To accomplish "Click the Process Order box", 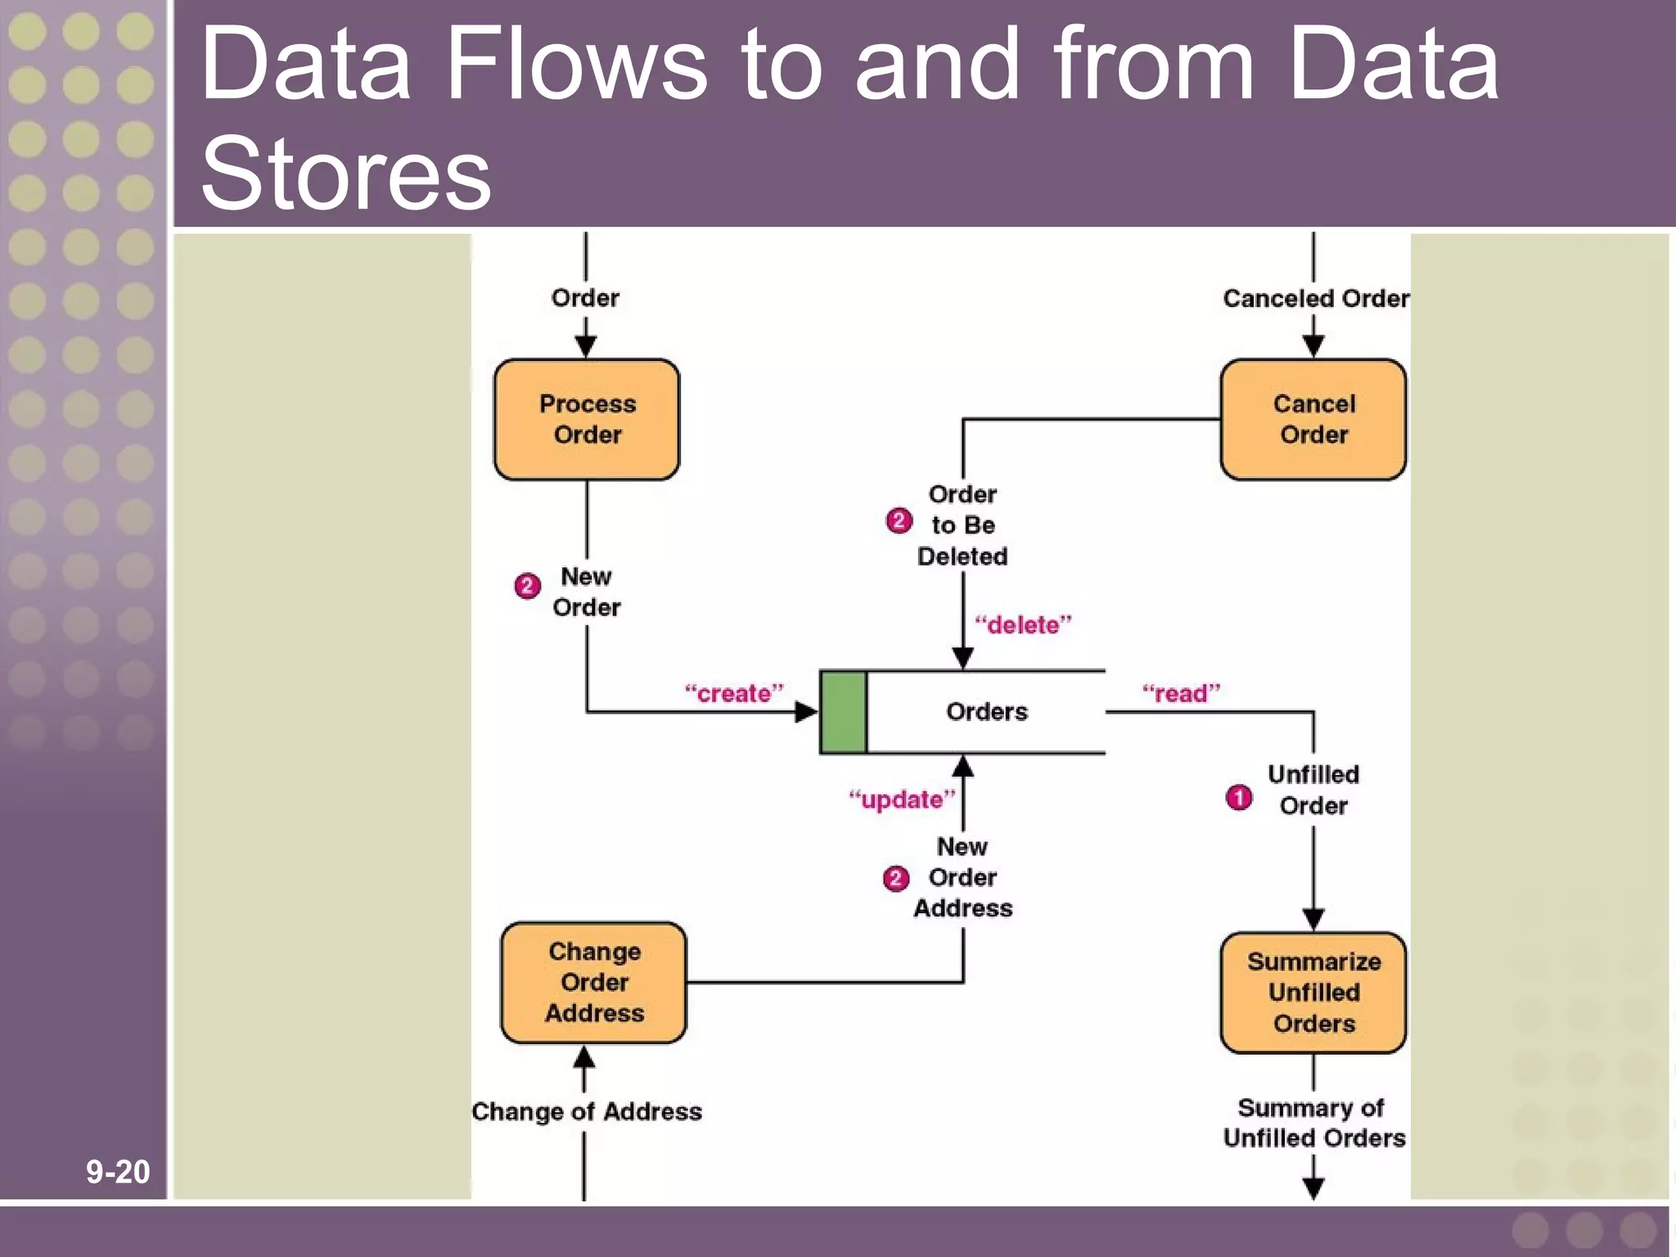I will coord(587,419).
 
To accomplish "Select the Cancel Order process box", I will coord(1313,419).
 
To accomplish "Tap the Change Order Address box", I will coord(594,982).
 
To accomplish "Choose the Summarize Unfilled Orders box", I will coord(1313,992).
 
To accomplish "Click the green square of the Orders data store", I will coord(843,711).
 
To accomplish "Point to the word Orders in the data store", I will coord(986,711).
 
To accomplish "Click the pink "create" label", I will coord(734,693).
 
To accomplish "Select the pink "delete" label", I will coord(1023,624).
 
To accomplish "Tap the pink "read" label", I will coord(1181,693).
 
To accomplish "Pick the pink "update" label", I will coord(902,799).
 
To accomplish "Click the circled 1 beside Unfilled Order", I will coord(1238,797).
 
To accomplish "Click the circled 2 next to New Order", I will coord(527,586).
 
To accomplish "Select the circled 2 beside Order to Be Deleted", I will coord(899,520).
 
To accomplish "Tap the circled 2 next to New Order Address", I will coord(896,878).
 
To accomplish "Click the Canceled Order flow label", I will coord(1315,299).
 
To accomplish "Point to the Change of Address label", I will coord(587,1111).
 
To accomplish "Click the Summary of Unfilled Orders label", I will coord(1313,1123).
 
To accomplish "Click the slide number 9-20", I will coord(118,1172).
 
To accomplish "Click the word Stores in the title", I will coord(345,173).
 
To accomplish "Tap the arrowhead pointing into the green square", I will coord(807,712).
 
